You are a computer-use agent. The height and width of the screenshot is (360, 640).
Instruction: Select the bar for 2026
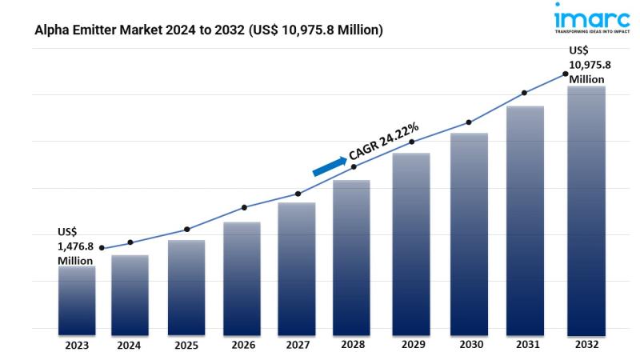242,276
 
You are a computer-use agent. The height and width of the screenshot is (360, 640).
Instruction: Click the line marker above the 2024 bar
130,242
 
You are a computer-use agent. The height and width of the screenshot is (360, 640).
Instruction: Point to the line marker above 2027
298,194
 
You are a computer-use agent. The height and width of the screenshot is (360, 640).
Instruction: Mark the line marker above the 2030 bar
469,122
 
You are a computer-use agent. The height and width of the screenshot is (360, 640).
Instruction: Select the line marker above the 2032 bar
566,74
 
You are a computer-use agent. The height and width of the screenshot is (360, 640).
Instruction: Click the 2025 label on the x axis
185,346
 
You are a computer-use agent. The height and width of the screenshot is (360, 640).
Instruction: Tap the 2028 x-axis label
352,346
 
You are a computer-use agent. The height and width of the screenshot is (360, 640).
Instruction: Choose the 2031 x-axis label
525,346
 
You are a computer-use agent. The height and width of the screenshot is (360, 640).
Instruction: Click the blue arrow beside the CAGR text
328,165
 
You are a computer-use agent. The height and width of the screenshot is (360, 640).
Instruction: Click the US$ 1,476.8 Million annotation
74,246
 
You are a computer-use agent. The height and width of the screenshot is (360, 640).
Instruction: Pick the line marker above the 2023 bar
101,249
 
